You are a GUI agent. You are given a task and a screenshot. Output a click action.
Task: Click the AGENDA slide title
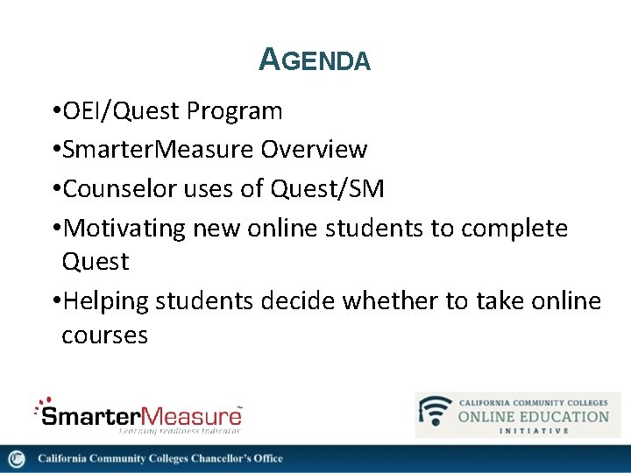point(315,60)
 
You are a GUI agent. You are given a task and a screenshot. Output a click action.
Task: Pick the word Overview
point(314,150)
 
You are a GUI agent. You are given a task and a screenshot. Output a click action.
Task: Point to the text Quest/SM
point(328,188)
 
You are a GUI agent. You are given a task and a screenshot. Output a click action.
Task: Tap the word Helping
point(106,301)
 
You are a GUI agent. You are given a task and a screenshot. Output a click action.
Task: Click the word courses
point(104,335)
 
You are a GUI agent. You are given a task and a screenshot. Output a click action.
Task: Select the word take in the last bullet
point(502,301)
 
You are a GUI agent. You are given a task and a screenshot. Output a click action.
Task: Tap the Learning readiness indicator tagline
point(179,429)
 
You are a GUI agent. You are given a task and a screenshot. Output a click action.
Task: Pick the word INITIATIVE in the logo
point(534,430)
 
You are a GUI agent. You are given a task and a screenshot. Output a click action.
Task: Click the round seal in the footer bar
point(16,459)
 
